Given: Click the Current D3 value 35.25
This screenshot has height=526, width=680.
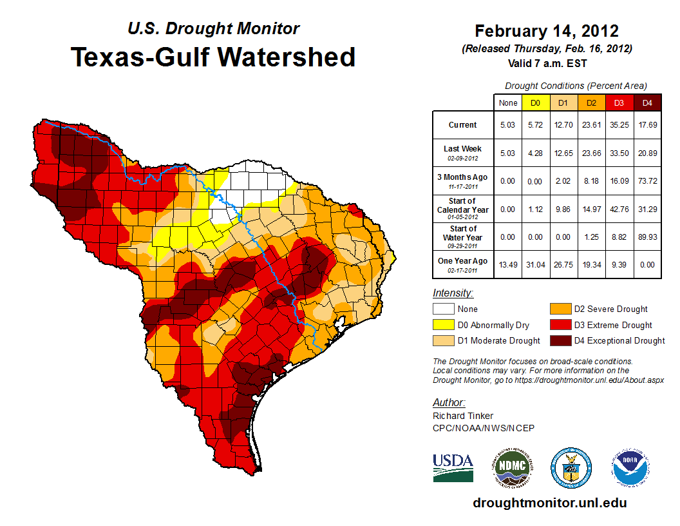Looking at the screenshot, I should (x=618, y=125).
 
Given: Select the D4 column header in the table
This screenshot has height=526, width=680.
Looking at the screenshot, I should (x=647, y=102).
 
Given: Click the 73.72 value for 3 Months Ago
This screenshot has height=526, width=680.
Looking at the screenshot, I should (x=647, y=180).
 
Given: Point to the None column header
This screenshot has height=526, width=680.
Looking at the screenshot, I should (x=507, y=102).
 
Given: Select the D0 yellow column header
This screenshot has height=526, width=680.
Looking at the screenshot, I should (x=535, y=102).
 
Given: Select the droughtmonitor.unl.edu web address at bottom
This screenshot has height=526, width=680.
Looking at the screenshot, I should (x=549, y=503).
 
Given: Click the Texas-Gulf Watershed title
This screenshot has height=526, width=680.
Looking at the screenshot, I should (x=213, y=57).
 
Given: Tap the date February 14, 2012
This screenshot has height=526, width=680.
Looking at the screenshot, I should (x=547, y=31).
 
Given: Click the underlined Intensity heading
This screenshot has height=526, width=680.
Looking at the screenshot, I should (x=453, y=293).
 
